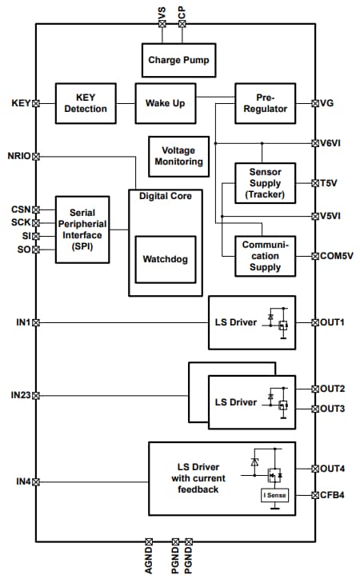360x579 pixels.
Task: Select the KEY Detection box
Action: click(x=86, y=103)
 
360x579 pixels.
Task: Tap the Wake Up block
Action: click(x=166, y=103)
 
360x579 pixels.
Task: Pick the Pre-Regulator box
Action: click(x=265, y=103)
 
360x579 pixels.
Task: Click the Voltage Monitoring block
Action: click(x=178, y=156)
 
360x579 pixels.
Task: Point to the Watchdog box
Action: click(x=165, y=260)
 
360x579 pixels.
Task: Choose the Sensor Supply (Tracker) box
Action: click(x=265, y=183)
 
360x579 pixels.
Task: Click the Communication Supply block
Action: click(x=265, y=256)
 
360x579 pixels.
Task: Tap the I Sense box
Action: click(x=275, y=496)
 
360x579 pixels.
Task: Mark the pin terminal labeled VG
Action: click(x=314, y=103)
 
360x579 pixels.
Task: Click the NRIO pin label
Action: click(x=18, y=156)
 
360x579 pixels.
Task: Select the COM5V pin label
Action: click(x=337, y=256)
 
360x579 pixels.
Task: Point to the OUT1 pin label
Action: click(x=334, y=322)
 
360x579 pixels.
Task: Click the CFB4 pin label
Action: click(x=334, y=495)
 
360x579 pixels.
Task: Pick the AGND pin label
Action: click(x=149, y=557)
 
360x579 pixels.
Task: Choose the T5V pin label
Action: click(x=330, y=182)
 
